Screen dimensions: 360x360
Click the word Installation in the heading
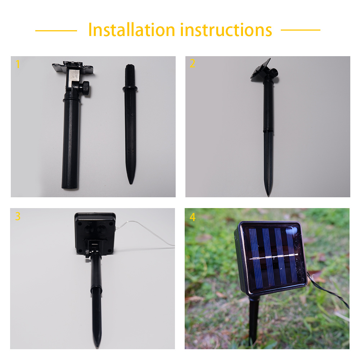click(132, 30)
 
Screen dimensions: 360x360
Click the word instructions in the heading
click(226, 30)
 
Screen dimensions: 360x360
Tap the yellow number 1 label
click(18, 64)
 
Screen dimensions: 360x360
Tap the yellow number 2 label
click(192, 63)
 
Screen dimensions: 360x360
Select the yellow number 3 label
click(18, 216)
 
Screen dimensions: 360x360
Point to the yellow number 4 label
click(193, 217)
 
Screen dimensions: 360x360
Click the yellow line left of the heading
click(56, 31)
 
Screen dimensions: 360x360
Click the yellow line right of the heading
click(301, 30)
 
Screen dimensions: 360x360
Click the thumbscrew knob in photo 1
click(86, 89)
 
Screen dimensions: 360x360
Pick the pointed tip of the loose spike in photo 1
click(131, 183)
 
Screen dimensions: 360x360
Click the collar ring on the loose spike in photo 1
click(130, 89)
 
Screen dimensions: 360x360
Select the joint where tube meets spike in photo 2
click(268, 130)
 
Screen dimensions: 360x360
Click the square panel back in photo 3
click(95, 233)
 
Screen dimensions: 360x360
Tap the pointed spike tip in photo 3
click(98, 346)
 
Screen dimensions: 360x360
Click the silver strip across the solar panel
click(274, 256)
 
